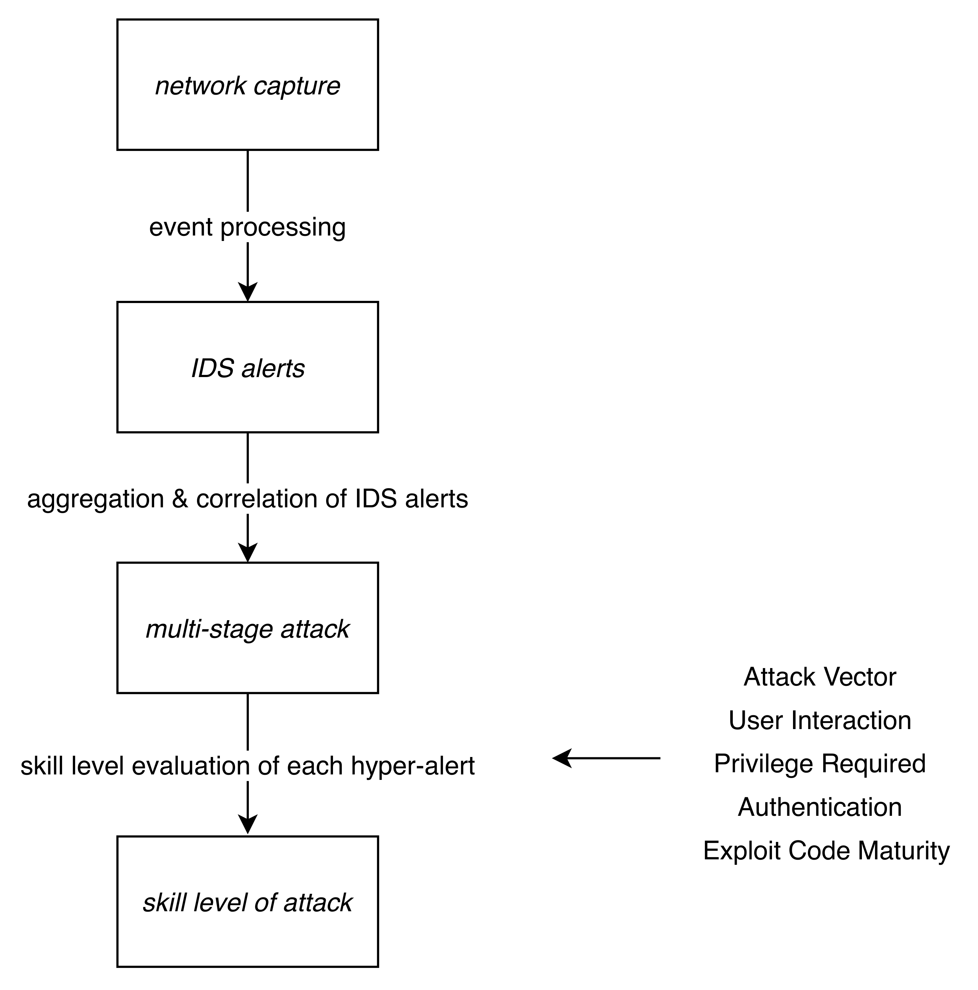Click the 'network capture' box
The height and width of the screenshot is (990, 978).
(247, 85)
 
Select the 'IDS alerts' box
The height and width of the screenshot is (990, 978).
(247, 367)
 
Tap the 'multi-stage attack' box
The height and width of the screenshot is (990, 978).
(247, 628)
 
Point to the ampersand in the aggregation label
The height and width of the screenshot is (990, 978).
(180, 499)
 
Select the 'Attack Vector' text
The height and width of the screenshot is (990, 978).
(819, 677)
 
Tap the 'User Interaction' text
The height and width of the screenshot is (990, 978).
(819, 720)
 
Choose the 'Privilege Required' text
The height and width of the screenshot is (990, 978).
(819, 763)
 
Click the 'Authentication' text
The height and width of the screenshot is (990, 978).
(819, 807)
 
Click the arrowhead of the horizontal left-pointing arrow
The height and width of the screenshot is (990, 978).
(560, 758)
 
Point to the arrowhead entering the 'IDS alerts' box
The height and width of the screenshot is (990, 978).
(247, 292)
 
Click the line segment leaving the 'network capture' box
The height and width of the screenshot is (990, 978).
(247, 179)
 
